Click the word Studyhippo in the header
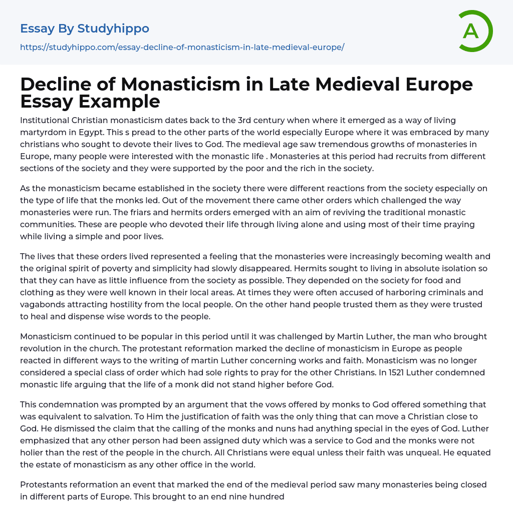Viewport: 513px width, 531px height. (113, 29)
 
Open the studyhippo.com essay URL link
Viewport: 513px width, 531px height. (182, 47)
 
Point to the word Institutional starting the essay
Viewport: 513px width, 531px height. (46, 120)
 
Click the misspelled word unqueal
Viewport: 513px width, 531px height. (401, 452)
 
